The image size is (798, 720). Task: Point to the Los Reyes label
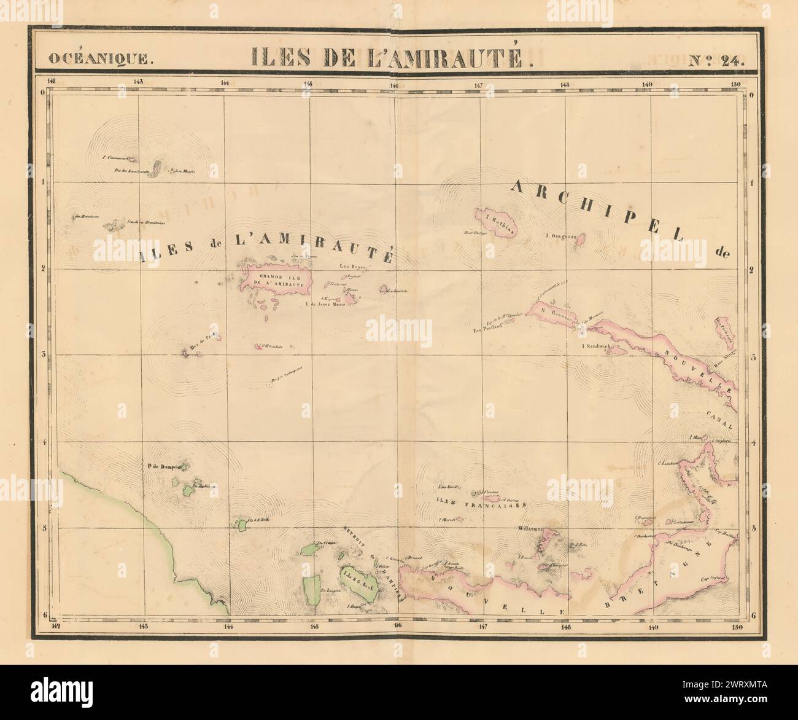(352, 267)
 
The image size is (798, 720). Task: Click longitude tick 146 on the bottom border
(397, 626)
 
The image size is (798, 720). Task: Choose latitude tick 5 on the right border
(752, 527)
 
